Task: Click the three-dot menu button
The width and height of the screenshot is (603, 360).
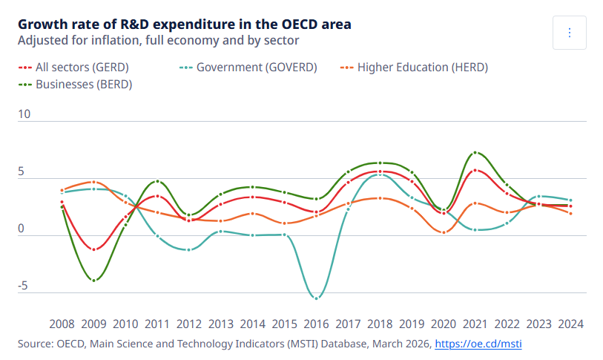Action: coord(570,33)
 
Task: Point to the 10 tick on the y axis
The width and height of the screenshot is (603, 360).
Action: coord(24,114)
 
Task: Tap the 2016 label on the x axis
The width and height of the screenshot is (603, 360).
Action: coord(317,324)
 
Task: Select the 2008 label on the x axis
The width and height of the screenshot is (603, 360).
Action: coord(62,324)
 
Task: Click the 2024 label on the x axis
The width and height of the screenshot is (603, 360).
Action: coord(570,324)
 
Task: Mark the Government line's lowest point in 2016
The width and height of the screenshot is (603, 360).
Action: coord(317,298)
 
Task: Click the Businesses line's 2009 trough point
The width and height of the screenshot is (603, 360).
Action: coord(93,281)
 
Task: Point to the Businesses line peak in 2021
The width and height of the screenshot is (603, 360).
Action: coord(475,153)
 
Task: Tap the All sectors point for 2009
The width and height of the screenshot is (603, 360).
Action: coord(93,249)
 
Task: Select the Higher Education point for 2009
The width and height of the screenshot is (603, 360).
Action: coord(93,182)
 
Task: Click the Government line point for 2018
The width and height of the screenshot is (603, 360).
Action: coord(380,175)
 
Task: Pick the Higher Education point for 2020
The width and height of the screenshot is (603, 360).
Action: coord(444,232)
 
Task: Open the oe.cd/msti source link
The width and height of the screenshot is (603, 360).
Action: coord(478,344)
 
